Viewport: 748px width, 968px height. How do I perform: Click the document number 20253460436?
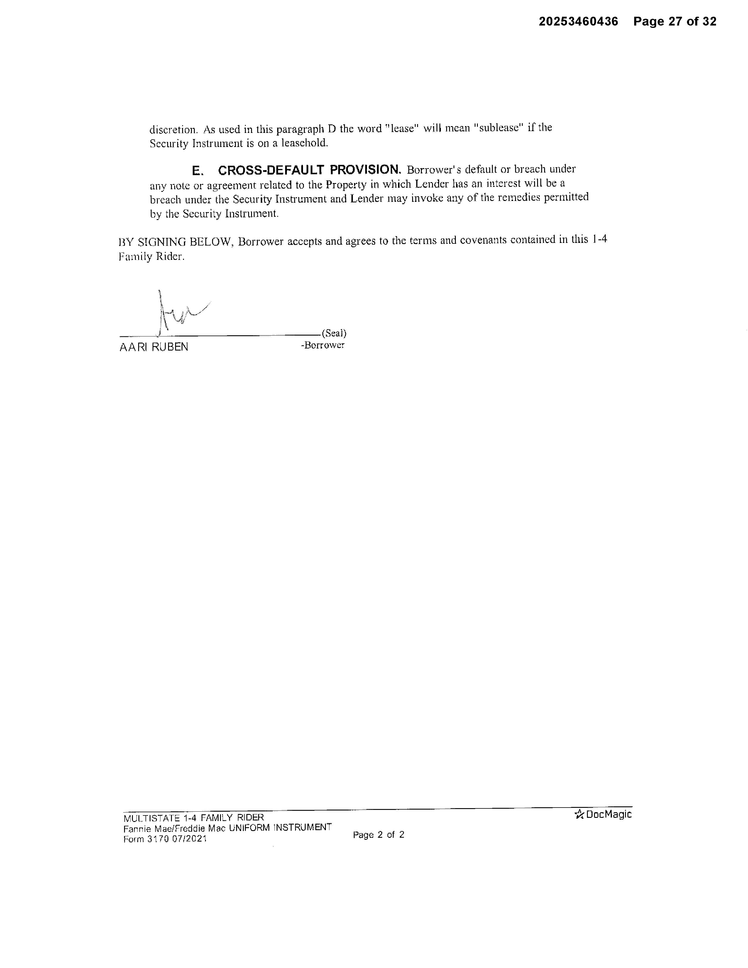(578, 21)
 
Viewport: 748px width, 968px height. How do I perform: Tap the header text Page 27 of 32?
(674, 21)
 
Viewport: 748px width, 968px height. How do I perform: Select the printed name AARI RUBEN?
(154, 347)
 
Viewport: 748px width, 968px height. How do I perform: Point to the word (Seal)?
(334, 333)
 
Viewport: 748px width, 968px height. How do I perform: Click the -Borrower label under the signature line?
(323, 345)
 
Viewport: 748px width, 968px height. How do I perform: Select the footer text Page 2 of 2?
(378, 835)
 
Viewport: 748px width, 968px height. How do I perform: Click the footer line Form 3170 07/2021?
(165, 839)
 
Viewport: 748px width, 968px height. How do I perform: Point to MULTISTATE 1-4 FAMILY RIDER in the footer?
(194, 818)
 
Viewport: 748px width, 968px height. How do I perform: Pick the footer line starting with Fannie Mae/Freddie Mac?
(227, 828)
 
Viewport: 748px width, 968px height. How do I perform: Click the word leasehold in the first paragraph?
(304, 143)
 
